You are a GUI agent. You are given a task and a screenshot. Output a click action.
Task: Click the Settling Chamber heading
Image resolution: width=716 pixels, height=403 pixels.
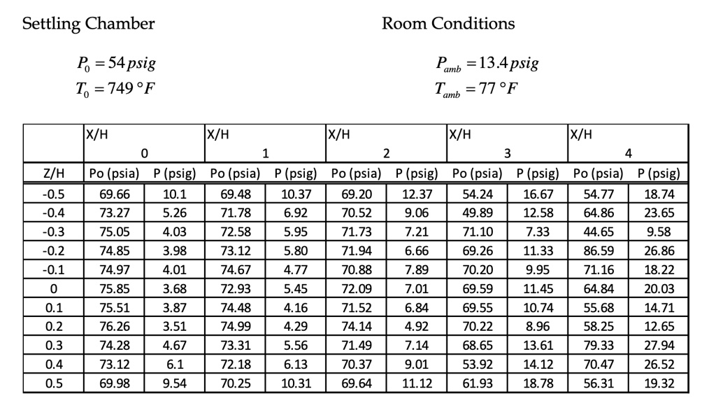(88, 24)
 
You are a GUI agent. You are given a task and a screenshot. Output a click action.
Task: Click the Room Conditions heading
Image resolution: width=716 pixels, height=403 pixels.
(447, 24)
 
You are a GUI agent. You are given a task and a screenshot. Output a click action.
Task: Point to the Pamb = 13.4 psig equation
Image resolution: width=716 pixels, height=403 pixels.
(487, 65)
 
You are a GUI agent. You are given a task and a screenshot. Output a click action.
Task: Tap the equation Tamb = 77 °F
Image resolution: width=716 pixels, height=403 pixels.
(478, 90)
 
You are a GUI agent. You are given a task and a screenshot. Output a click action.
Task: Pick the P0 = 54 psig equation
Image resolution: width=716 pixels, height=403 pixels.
(115, 64)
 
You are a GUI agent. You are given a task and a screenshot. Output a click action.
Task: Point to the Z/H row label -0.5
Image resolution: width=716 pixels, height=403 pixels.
(54, 193)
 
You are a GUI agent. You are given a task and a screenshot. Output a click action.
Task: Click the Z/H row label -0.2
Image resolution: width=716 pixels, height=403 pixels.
(54, 250)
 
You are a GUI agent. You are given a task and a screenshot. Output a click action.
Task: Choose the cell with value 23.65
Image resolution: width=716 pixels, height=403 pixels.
(657, 212)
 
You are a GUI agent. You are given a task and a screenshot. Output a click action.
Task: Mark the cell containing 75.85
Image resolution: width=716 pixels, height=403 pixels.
(113, 288)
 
